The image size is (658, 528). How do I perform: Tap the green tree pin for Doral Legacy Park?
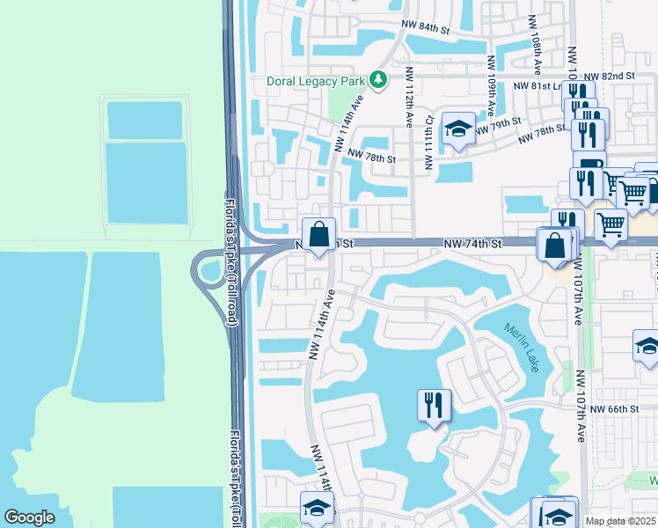click(x=378, y=81)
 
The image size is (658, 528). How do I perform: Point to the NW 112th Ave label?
click(x=409, y=96)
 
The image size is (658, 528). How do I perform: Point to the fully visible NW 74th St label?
click(x=472, y=243)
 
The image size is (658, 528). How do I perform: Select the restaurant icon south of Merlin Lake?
click(x=434, y=405)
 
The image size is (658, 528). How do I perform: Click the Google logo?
click(x=29, y=517)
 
